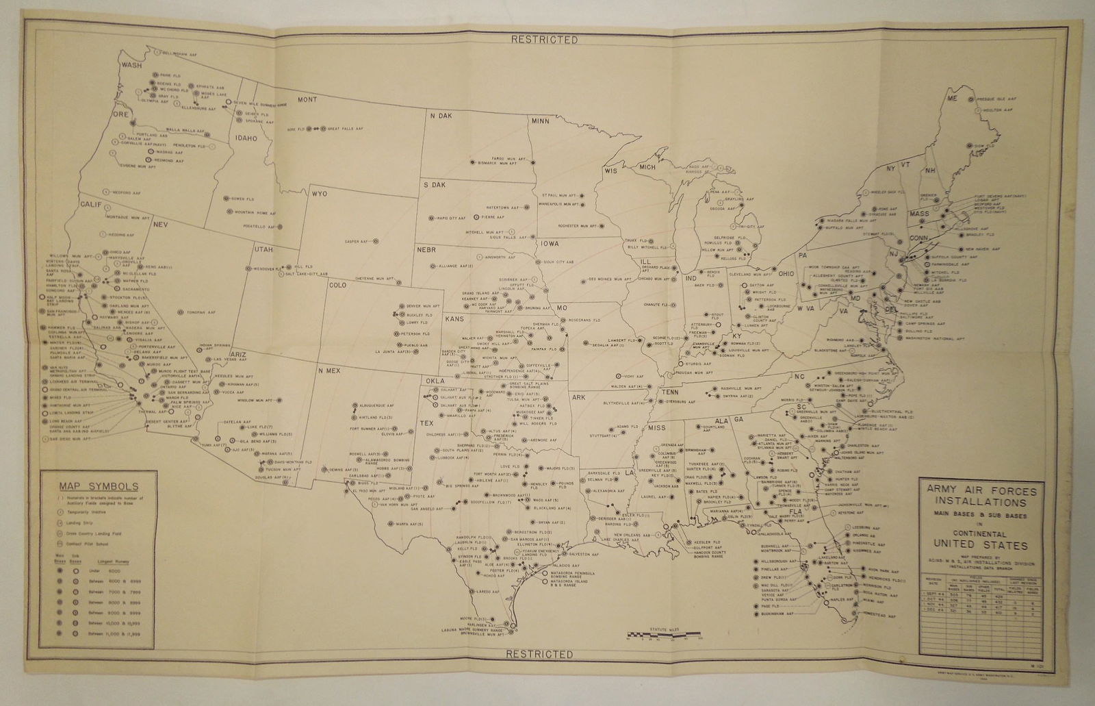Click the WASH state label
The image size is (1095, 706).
(131, 66)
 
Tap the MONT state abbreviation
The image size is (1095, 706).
(306, 100)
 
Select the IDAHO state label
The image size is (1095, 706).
(246, 138)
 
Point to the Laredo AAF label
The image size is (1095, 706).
(482, 592)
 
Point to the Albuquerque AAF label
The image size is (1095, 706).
(377, 406)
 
